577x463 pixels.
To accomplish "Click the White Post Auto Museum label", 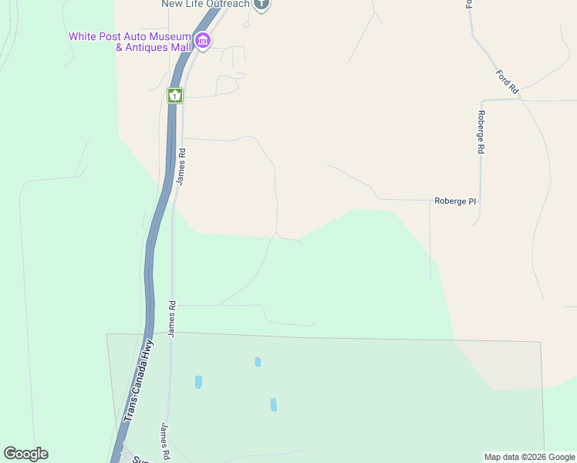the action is point(130,42).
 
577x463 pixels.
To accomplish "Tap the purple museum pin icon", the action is point(203,41).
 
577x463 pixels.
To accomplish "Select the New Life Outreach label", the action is point(206,4).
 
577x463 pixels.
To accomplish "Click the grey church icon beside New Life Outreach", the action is point(262,4).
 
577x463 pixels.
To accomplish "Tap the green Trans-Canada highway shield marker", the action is point(175,96).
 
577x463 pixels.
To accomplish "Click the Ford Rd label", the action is point(508,83).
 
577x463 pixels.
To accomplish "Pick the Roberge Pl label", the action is point(455,201).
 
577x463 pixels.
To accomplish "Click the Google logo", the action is point(26,454).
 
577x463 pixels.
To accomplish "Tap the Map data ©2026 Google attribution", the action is point(530,457).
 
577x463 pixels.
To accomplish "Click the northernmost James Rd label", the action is point(182,166).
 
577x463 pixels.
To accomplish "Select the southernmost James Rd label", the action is point(164,441).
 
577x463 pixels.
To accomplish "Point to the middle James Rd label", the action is point(172,318).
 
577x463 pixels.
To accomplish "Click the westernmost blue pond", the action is point(198,381).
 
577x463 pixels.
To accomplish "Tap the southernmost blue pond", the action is point(273,404).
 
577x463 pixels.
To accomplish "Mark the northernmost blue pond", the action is point(258,361).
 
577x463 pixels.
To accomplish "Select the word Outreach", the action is point(228,4).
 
